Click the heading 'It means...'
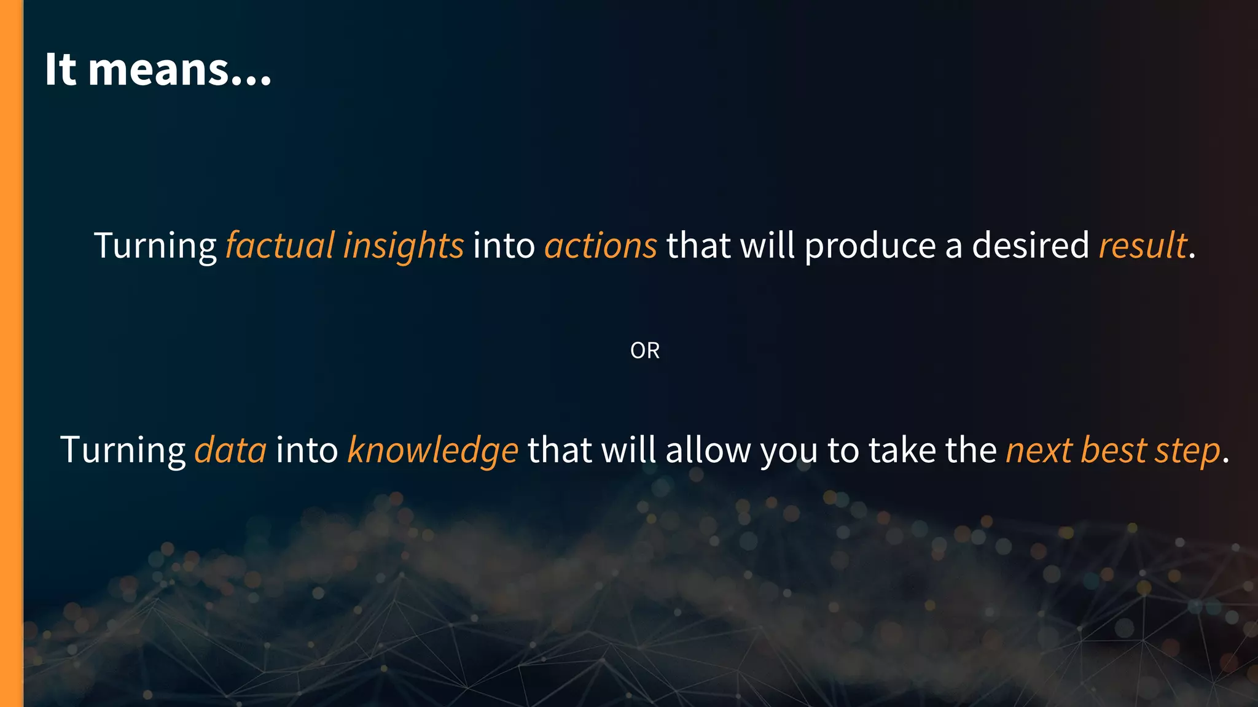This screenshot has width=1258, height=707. (x=158, y=69)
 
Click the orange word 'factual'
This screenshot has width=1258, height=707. (x=279, y=245)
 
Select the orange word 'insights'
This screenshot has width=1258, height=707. (x=404, y=245)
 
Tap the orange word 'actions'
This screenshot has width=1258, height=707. (x=601, y=245)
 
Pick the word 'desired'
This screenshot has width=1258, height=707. (x=1030, y=245)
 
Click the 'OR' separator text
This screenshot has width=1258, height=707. (x=645, y=350)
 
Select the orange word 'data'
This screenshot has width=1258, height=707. (x=230, y=450)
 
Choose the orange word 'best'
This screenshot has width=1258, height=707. (x=1114, y=450)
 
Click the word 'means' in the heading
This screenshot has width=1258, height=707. (x=159, y=70)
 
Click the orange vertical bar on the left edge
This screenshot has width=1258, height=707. (x=11, y=353)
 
